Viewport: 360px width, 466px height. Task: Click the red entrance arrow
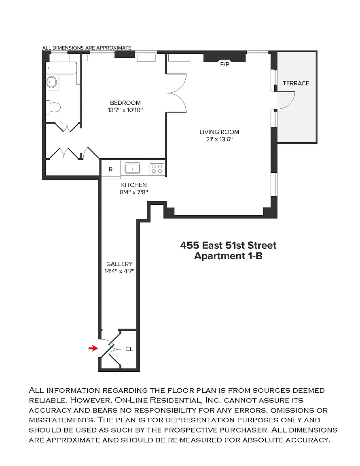tap(93, 348)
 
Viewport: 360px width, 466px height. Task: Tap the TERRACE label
tap(296, 83)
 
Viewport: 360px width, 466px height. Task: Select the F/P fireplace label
tap(224, 64)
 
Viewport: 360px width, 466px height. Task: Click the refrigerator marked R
tap(110, 169)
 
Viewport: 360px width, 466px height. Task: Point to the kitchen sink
tap(132, 168)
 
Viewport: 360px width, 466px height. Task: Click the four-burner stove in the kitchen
tap(157, 169)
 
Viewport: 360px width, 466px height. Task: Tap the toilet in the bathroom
tap(53, 107)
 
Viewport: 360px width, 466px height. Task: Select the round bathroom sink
tap(52, 82)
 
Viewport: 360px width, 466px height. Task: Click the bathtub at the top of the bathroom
tap(61, 68)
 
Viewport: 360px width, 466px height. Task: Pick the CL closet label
tap(129, 349)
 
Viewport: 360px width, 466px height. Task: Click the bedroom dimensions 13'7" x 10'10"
tap(125, 110)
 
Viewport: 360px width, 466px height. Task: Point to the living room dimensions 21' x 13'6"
tap(219, 139)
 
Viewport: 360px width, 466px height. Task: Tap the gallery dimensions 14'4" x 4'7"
tap(119, 271)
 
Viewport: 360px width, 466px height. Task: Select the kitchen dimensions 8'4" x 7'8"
tap(134, 192)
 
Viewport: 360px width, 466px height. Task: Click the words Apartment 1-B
tap(228, 256)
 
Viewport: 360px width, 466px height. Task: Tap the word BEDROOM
tap(125, 103)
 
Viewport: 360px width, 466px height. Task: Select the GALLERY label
tap(119, 264)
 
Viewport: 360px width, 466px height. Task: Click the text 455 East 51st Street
tap(228, 245)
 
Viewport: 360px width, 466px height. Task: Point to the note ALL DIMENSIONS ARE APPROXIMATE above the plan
tap(87, 48)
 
